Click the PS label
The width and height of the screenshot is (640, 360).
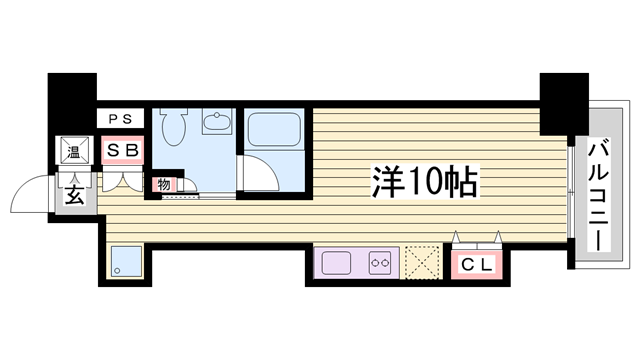[x=120, y=119]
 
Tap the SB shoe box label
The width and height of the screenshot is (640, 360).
[x=122, y=151]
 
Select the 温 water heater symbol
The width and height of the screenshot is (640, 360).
[x=74, y=150]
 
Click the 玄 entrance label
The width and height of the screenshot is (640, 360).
[x=75, y=195]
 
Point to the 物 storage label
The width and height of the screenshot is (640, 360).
[x=164, y=184]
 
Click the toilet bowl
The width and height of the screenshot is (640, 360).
[x=174, y=126]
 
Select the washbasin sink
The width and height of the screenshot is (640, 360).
[x=217, y=121]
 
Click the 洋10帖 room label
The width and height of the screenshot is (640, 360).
[x=424, y=182]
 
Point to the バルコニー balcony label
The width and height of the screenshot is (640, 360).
[x=599, y=195]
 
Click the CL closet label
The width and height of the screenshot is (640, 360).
[x=476, y=265]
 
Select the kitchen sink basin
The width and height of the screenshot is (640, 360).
[x=336, y=263]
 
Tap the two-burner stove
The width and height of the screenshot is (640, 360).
[x=380, y=262]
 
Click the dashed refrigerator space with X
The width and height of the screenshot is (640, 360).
[x=423, y=262]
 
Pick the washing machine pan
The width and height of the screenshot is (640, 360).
[x=125, y=262]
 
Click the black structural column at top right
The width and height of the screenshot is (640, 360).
[x=564, y=104]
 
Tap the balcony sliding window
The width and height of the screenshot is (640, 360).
[x=571, y=192]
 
